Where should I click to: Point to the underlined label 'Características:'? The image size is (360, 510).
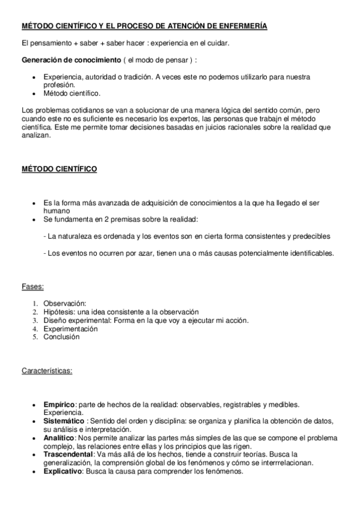(x=47, y=370)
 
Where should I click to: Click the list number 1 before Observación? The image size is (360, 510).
(x=35, y=303)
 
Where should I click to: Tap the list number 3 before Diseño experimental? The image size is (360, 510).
(x=35, y=320)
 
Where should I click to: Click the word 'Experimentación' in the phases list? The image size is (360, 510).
(x=70, y=328)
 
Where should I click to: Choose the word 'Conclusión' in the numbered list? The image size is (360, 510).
(x=61, y=337)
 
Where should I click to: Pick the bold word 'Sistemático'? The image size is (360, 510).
(x=64, y=422)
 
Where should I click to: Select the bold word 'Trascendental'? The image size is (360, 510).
(x=68, y=455)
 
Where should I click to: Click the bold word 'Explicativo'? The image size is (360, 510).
(x=63, y=472)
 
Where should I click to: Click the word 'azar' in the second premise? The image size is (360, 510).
(x=138, y=253)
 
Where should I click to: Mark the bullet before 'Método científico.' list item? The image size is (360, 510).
(x=35, y=94)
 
